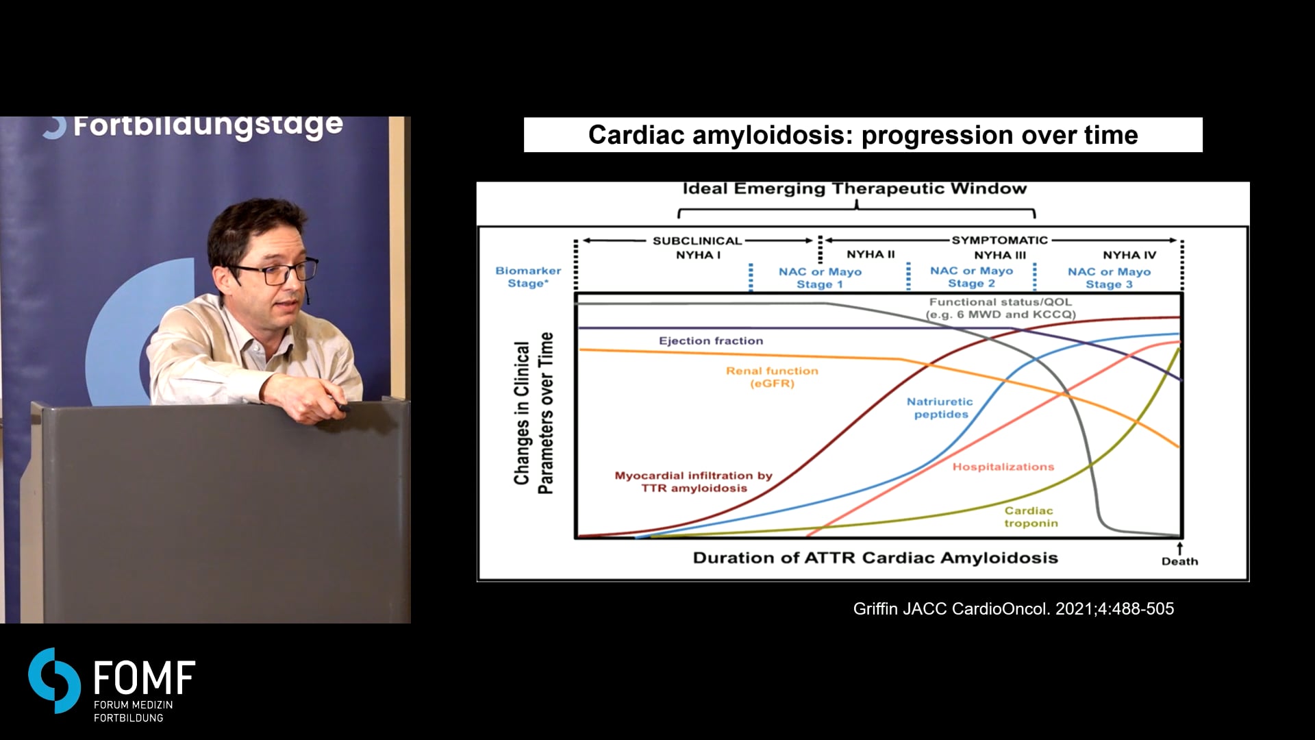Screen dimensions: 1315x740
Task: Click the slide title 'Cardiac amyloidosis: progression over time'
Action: point(863,135)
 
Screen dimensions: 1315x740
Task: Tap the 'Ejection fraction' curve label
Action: point(711,341)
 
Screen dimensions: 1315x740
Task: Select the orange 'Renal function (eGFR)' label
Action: point(773,377)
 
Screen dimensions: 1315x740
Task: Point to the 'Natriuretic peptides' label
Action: point(940,408)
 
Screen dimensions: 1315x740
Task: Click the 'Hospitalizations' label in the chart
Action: point(1003,467)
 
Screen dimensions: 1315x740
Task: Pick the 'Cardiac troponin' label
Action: point(1030,517)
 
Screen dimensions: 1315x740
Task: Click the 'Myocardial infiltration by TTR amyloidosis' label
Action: point(694,482)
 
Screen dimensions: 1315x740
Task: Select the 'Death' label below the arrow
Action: point(1180,561)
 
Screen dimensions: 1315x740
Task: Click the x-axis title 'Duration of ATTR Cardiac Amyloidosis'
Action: point(875,558)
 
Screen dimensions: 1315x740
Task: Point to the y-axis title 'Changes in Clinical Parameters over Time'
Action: point(534,413)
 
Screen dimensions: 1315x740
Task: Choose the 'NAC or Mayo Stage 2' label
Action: point(971,277)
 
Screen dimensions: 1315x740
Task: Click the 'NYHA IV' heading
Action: point(1129,255)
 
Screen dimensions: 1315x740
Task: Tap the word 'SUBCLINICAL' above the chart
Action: point(697,241)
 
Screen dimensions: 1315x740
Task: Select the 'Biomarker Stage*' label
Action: point(528,277)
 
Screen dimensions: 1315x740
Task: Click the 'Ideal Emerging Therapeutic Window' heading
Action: point(855,188)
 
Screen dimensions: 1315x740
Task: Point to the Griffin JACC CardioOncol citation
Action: point(1014,608)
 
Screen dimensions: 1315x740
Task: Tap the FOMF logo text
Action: point(145,678)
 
